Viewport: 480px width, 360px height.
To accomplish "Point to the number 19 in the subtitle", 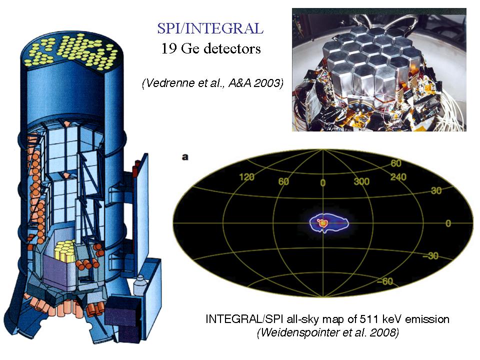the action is [168, 48].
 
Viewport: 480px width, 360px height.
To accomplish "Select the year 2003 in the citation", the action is [266, 82].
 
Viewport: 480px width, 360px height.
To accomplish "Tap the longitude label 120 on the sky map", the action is [246, 177].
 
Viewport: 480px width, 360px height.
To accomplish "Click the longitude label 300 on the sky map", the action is [361, 181].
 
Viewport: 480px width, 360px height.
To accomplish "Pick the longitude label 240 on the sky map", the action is [398, 177].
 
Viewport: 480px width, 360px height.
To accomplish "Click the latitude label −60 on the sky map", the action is [385, 281].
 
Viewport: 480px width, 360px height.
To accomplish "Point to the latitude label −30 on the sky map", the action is [430, 255].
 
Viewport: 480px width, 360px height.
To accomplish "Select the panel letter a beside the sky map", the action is [185, 157].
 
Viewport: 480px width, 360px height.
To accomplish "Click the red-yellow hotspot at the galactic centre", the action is [322, 223].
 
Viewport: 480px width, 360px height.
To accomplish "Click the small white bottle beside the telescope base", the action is [139, 285].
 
